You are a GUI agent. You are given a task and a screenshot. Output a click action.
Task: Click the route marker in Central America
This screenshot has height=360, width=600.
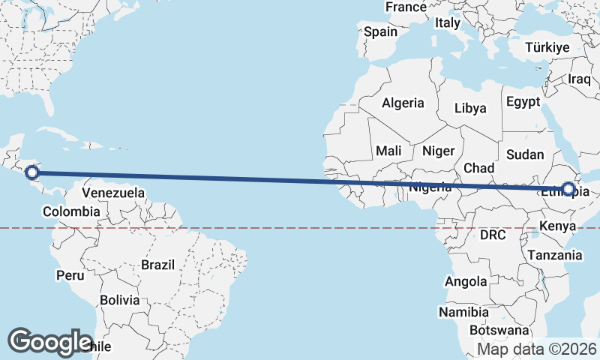tap(31, 173)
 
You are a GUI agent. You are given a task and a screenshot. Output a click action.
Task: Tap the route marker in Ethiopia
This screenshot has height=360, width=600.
tap(568, 190)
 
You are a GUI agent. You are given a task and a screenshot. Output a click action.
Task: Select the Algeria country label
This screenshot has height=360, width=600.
tap(403, 103)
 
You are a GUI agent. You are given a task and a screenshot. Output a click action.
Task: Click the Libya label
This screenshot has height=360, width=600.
tap(470, 108)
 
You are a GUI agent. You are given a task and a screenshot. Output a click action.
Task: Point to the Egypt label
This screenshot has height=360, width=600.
tap(523, 101)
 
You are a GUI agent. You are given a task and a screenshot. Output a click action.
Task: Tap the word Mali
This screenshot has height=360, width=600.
tap(388, 151)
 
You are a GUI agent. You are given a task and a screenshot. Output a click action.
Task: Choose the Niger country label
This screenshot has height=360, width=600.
tap(439, 151)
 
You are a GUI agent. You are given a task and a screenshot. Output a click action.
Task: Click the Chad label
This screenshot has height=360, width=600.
tap(478, 168)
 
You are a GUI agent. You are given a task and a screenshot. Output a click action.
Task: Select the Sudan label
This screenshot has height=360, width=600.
tap(525, 154)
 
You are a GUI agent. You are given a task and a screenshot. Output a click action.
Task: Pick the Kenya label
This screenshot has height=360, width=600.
tap(557, 225)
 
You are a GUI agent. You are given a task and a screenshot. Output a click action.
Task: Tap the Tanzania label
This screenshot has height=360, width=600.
tap(554, 255)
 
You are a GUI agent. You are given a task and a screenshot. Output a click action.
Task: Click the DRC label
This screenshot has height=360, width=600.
tap(493, 235)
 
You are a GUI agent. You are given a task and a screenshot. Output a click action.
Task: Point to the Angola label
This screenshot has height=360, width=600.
tap(466, 282)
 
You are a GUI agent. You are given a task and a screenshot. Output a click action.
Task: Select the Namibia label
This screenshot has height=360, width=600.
tap(464, 312)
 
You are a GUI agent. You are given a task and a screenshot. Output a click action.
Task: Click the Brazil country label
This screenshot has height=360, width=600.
tap(157, 265)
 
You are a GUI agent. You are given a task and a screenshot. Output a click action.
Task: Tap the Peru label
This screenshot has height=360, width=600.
tap(70, 275)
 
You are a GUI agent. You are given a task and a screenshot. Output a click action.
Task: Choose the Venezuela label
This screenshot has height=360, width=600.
tap(113, 193)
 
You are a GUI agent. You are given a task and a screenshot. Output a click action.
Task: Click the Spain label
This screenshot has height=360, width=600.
tap(380, 32)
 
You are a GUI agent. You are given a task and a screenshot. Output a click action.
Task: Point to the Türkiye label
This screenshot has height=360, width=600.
tap(547, 47)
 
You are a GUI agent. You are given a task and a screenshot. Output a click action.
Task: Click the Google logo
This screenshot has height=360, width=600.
tap(49, 341)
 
